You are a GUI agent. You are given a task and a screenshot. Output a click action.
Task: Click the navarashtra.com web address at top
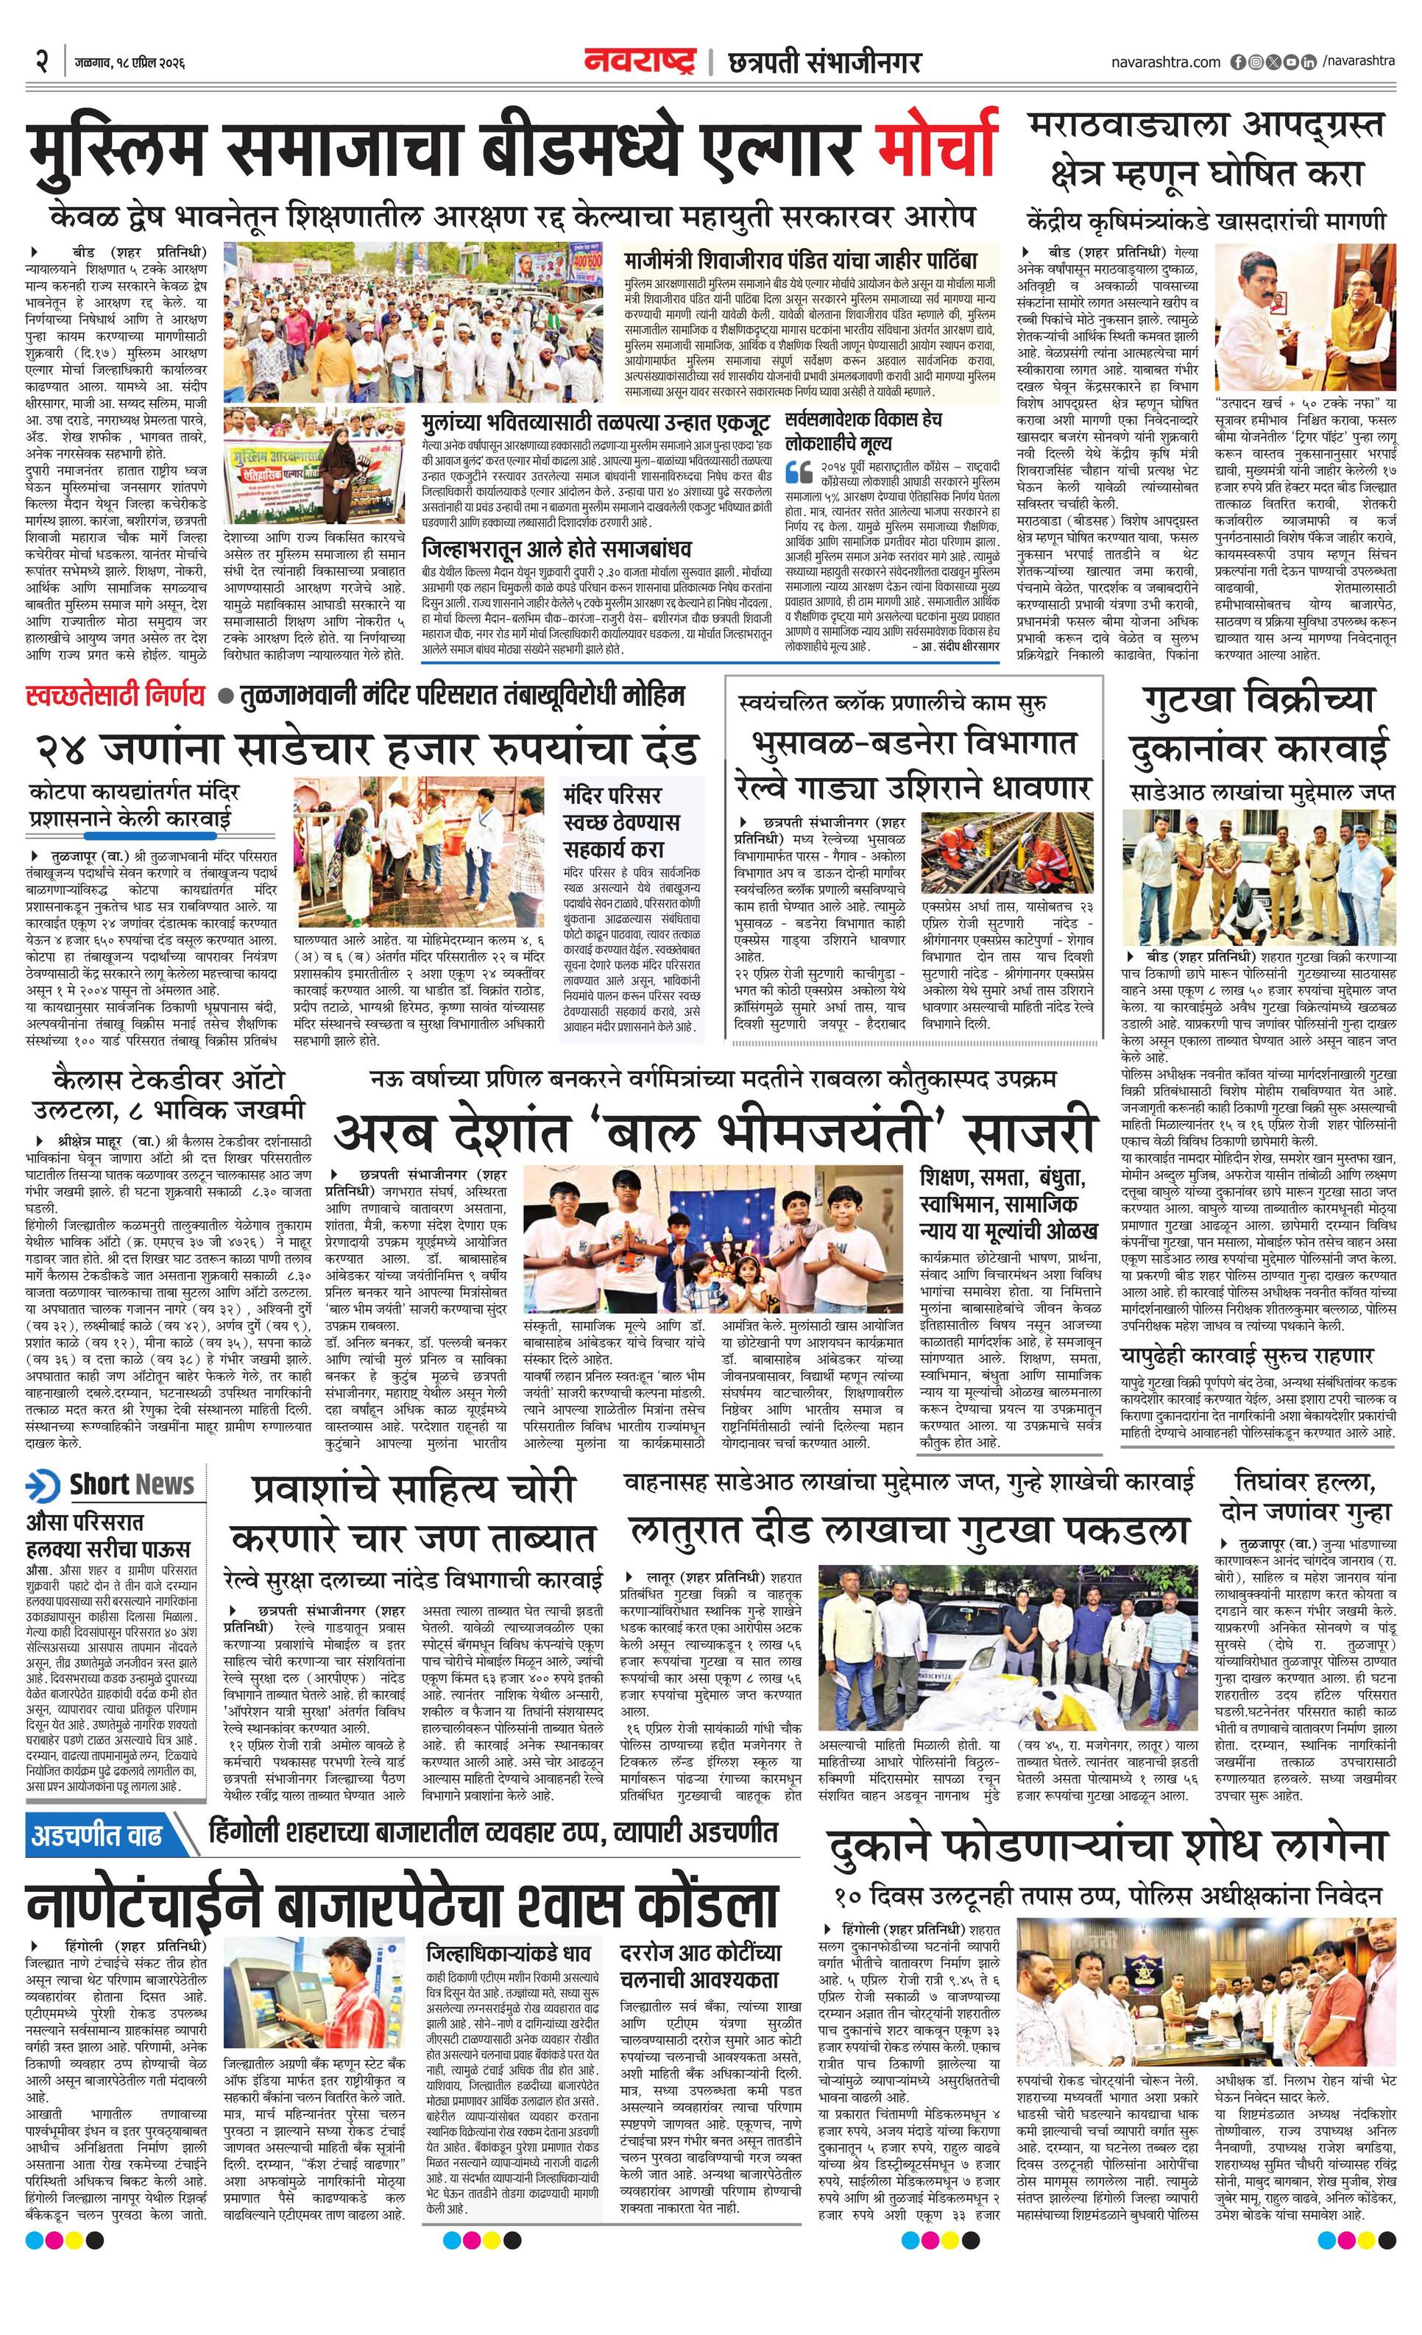1165,63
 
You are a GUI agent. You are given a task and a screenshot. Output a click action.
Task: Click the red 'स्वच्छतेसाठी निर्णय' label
116,696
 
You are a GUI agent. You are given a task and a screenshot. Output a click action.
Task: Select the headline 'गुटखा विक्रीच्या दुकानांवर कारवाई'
1258,724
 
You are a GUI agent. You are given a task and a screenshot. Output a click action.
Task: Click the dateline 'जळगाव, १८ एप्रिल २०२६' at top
129,63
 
